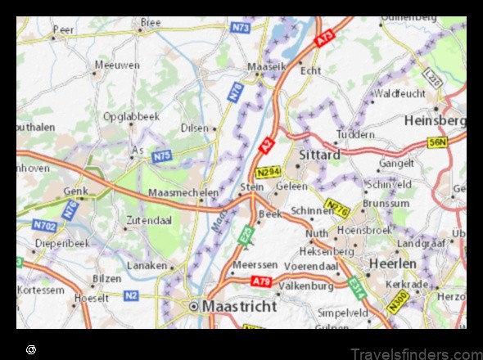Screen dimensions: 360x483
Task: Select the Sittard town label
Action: point(319,154)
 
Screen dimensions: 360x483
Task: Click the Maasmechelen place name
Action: point(183,192)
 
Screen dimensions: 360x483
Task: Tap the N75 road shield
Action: point(161,156)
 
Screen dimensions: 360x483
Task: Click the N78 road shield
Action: point(235,93)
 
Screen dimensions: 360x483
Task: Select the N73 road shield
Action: point(240,27)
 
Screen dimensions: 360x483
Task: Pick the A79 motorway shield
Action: point(261,281)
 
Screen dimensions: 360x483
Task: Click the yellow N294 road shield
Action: point(267,173)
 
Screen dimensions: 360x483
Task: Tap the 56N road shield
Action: point(438,142)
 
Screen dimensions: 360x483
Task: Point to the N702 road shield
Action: point(44,223)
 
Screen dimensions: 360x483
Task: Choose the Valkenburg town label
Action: point(306,286)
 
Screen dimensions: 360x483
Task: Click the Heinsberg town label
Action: point(434,120)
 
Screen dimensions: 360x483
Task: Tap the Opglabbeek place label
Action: point(131,116)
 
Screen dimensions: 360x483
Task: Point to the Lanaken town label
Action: point(147,266)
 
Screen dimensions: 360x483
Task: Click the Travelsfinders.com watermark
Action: point(416,353)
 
